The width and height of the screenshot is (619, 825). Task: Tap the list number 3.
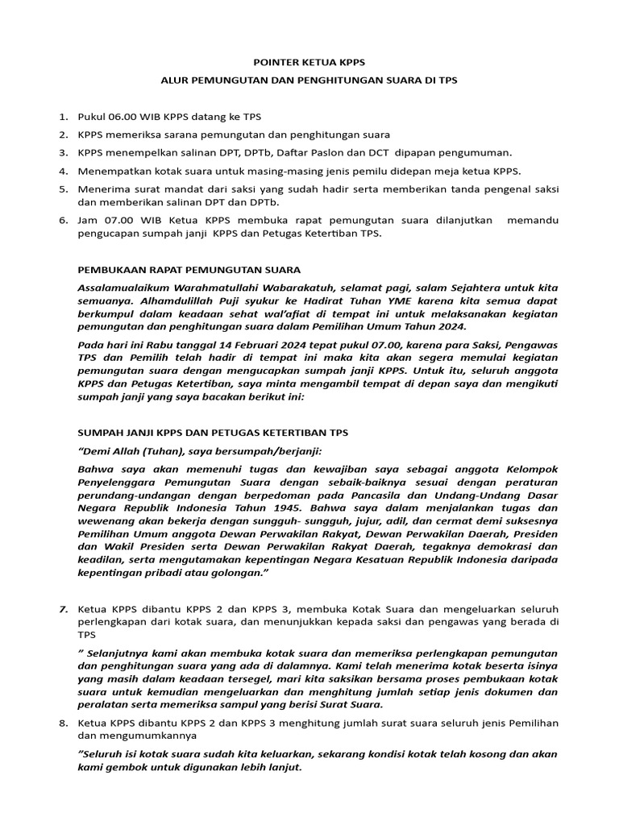[63, 152]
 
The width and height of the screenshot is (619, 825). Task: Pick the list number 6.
[63, 220]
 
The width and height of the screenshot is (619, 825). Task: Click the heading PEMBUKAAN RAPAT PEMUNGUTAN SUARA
[189, 269]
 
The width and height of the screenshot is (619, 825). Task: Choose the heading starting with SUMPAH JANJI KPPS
[212, 432]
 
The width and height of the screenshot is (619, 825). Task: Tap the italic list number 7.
[63, 608]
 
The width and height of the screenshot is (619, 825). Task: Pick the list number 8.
[63, 723]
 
